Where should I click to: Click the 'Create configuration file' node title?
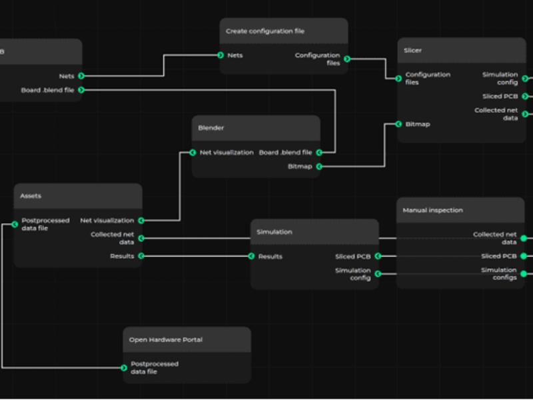tap(265, 31)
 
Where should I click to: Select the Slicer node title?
tap(413, 50)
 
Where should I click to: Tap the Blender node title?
tap(211, 127)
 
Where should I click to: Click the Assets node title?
tap(31, 196)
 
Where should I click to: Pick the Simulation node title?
tap(274, 232)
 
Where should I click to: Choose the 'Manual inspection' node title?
tap(432, 210)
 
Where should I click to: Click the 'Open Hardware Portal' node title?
tap(166, 339)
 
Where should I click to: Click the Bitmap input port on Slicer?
tap(398, 124)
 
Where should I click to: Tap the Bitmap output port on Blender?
tap(319, 166)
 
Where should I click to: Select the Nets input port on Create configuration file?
tap(221, 55)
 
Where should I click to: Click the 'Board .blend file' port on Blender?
tap(319, 153)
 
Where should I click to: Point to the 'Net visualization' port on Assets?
tap(141, 220)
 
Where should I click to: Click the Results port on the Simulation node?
tap(251, 256)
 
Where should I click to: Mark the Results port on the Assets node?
tap(141, 256)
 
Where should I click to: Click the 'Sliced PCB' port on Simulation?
tap(378, 256)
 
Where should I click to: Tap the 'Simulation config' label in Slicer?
tap(500, 79)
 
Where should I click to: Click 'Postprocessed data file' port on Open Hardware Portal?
tap(124, 367)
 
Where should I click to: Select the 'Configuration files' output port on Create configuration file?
tap(347, 59)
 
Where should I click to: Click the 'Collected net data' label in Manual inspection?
tap(494, 238)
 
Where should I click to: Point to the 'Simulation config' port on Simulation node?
tap(378, 273)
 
